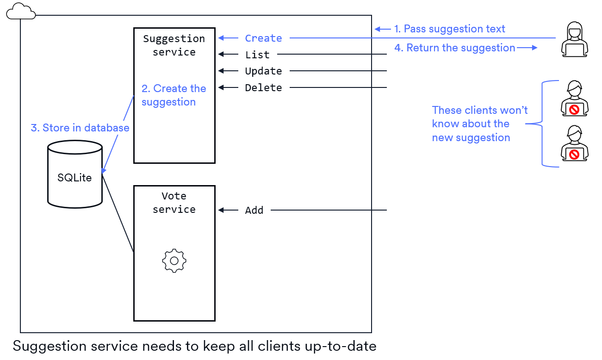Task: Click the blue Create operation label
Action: (x=263, y=38)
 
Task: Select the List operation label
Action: (x=257, y=55)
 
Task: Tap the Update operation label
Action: (x=263, y=71)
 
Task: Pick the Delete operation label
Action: (x=263, y=88)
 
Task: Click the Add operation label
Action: (x=254, y=211)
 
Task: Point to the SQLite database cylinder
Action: (x=74, y=174)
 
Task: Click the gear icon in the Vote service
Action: (x=174, y=261)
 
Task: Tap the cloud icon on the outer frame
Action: (x=21, y=11)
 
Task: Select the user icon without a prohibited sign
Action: (x=574, y=39)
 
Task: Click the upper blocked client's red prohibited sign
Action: (x=574, y=110)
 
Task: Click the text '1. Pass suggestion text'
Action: (x=449, y=29)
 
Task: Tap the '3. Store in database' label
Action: (x=80, y=128)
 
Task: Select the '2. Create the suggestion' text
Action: (x=174, y=95)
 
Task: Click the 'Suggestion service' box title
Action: (x=174, y=45)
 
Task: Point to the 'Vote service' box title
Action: (x=174, y=203)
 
